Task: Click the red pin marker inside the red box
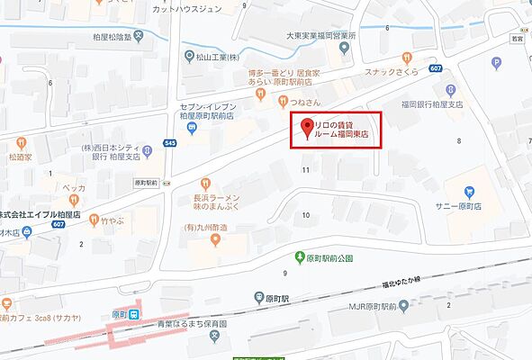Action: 308,128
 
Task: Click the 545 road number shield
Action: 171,142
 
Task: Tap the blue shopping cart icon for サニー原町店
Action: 468,192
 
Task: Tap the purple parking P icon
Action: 496,63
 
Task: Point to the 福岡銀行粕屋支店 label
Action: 431,103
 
